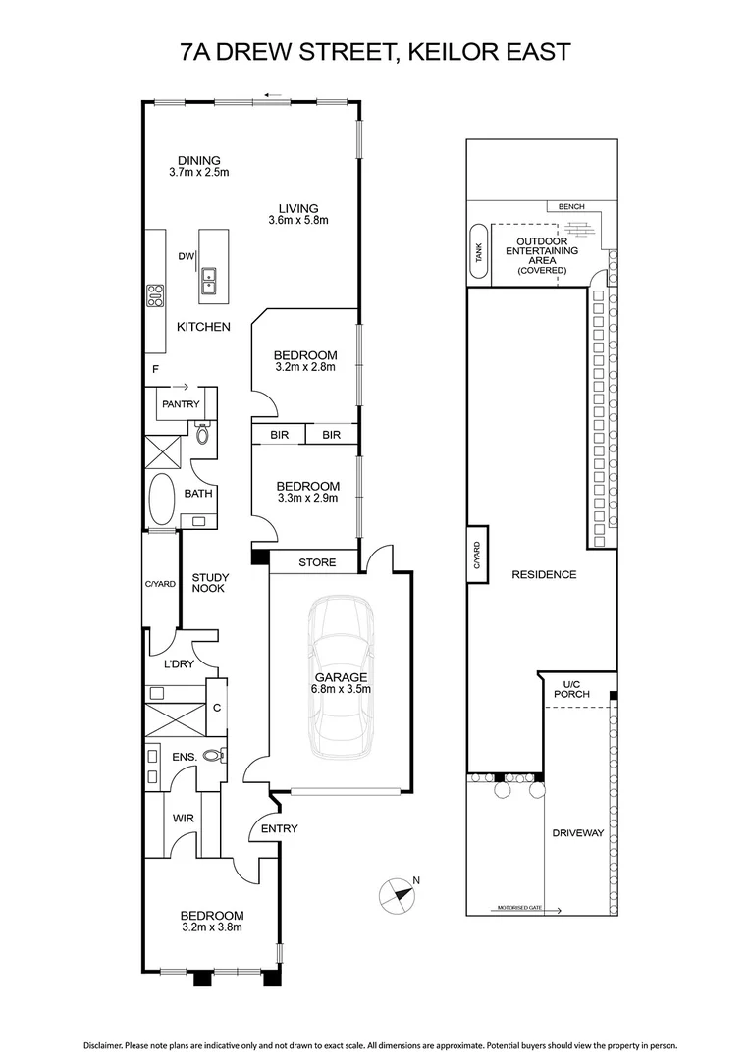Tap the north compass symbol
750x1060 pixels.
[397, 896]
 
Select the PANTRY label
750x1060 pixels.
[181, 404]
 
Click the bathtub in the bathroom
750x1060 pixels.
[161, 500]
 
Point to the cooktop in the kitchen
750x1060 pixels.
[155, 295]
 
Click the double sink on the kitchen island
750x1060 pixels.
[208, 282]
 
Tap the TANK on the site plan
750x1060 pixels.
[479, 251]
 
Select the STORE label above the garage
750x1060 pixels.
[317, 562]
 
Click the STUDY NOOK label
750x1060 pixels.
[210, 583]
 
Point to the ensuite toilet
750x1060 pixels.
[213, 756]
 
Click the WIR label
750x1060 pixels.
[184, 818]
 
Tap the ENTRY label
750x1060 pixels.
[280, 828]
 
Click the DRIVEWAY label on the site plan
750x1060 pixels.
[577, 833]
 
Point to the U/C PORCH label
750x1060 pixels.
[571, 689]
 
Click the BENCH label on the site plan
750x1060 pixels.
[571, 207]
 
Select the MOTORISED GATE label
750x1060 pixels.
[519, 908]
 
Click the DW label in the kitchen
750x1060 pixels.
[186, 256]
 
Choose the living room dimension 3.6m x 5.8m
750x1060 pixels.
[298, 220]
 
